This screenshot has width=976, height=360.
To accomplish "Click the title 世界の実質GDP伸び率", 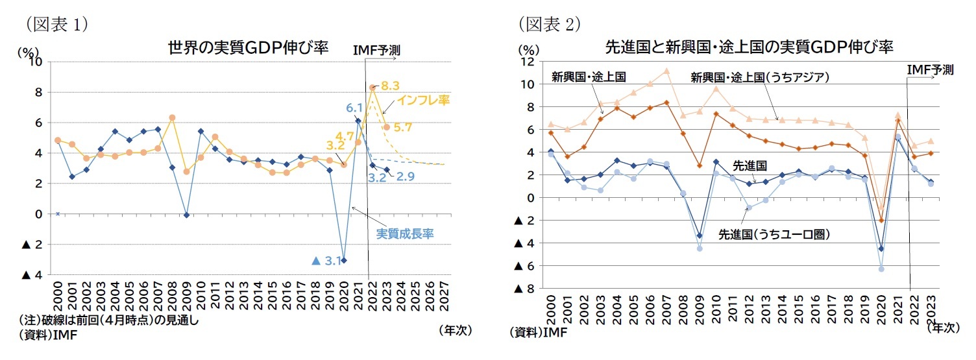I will coord(248,47).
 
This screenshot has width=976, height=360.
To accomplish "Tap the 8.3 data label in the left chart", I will coord(390,86).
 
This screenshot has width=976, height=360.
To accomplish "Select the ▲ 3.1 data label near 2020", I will coord(326,261).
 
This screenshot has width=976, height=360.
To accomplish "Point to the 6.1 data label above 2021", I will coord(354,108).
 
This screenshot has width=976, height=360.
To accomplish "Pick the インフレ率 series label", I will coord(423,101).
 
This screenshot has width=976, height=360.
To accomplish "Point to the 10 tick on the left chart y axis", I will coord(36,62).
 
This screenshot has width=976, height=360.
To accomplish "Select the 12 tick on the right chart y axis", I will coord(527,62).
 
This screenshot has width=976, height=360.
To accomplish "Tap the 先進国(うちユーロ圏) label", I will coord(774,234).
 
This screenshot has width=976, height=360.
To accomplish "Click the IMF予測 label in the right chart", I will coord(930,69).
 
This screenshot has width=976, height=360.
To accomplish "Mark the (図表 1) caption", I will coord(57,24).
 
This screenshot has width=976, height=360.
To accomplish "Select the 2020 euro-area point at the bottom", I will coord(881,269).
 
